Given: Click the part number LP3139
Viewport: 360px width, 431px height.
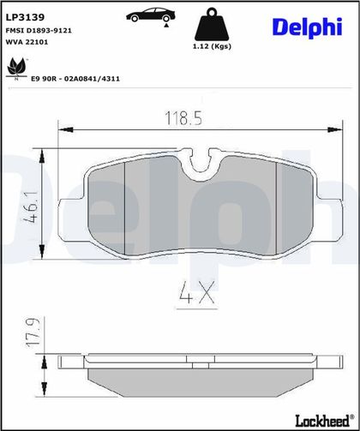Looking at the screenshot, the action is [x=25, y=17].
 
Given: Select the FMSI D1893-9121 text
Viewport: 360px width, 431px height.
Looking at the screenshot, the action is [x=39, y=31].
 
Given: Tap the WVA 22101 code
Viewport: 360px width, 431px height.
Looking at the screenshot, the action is [x=27, y=42].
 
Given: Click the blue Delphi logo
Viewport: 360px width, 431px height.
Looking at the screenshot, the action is [x=308, y=27].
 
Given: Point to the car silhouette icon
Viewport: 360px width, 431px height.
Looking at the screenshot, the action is [x=151, y=15].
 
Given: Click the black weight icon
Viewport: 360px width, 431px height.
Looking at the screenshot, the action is [x=212, y=24].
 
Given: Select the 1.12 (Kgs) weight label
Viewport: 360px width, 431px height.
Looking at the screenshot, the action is [x=212, y=46].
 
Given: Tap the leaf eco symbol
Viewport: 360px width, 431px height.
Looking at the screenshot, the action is [x=16, y=69].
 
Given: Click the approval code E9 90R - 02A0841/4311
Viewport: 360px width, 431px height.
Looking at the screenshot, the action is [x=75, y=79].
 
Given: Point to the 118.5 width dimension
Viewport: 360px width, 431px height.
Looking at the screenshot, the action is [x=183, y=118].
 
